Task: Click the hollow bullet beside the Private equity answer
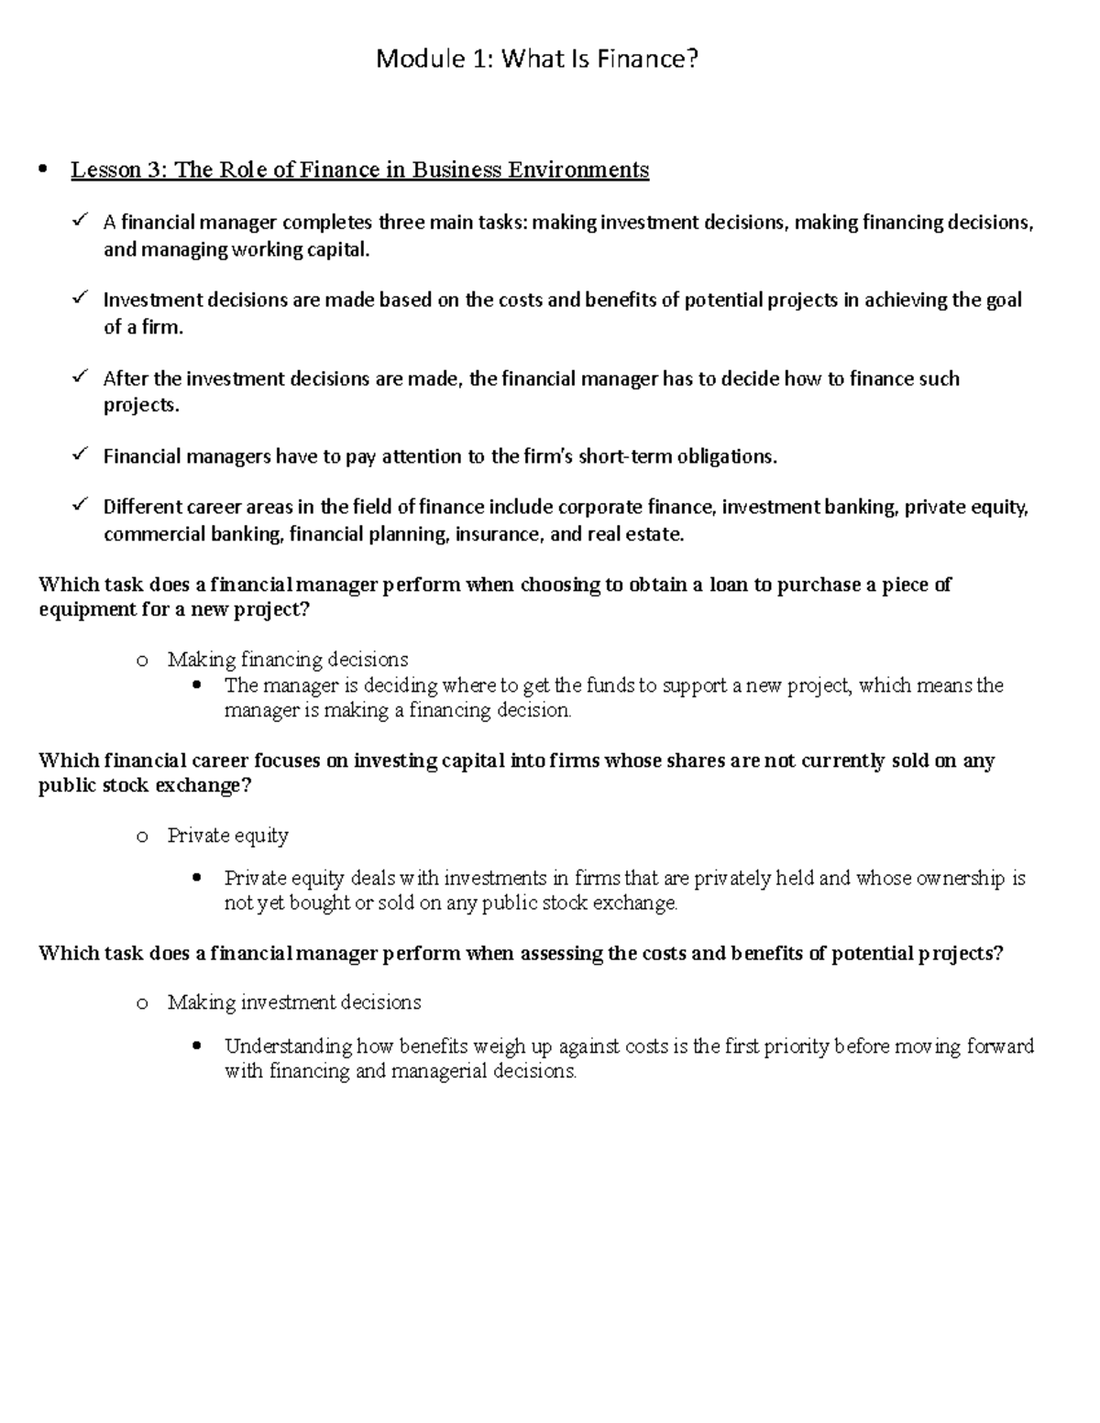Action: pyautogui.click(x=141, y=837)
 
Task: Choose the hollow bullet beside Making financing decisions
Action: pyautogui.click(x=141, y=661)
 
